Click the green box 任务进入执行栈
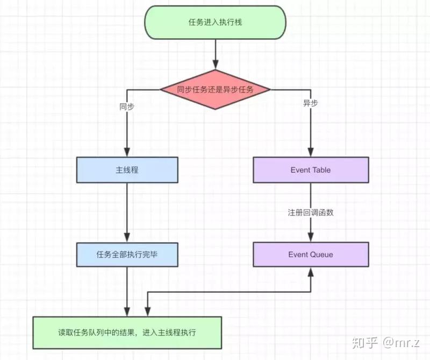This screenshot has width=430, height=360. tap(215, 23)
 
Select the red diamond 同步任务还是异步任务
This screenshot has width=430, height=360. tap(215, 90)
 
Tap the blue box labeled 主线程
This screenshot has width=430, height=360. tap(127, 170)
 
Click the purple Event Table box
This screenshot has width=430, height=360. tap(311, 170)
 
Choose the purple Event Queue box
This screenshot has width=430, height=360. tap(311, 254)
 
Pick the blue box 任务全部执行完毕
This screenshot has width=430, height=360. tap(127, 254)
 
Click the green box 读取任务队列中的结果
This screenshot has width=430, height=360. tap(127, 332)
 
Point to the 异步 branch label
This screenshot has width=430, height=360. tap(311, 103)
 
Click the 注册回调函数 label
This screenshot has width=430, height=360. tap(311, 213)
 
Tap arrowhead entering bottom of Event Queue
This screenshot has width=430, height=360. tap(311, 271)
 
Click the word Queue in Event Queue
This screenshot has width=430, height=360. tap(321, 254)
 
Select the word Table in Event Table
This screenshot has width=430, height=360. tap(321, 170)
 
